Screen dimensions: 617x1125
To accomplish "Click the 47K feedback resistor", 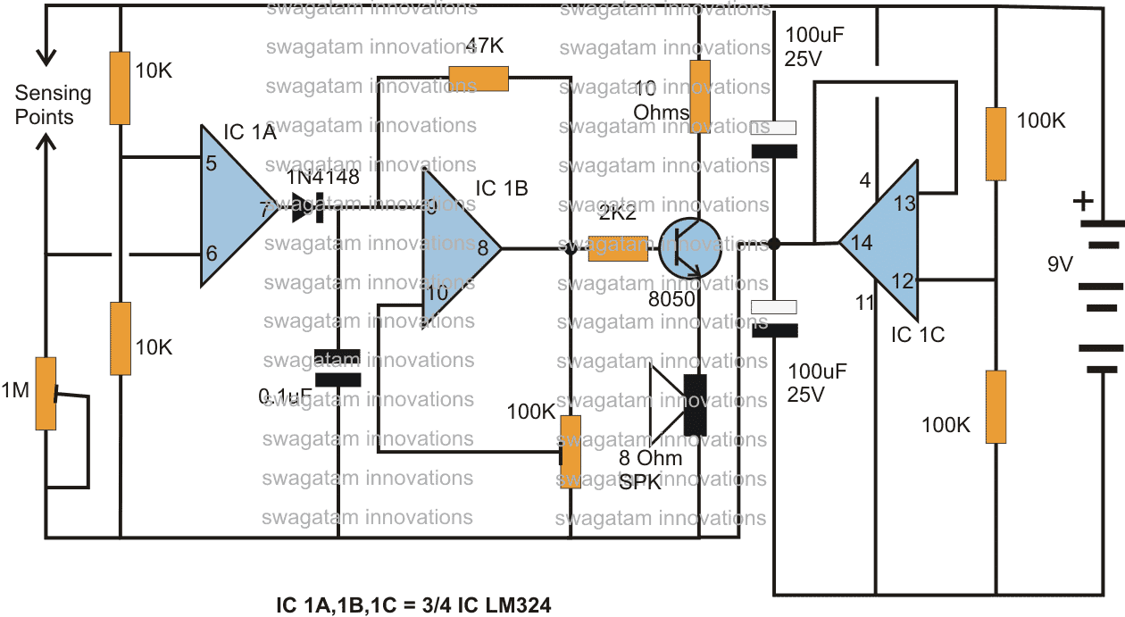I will click(x=479, y=79).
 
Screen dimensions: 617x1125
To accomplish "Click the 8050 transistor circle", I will click(x=690, y=249).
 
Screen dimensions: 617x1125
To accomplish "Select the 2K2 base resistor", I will click(x=618, y=248).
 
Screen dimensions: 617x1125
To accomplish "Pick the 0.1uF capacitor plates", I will click(x=337, y=367).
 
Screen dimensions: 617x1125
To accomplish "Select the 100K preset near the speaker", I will click(x=570, y=451).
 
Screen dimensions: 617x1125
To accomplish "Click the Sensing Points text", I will click(x=53, y=104).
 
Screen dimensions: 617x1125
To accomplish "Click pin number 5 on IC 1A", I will click(x=212, y=163).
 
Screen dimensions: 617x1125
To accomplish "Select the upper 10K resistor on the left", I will click(x=120, y=88).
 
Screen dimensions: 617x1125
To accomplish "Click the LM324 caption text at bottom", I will click(x=414, y=605).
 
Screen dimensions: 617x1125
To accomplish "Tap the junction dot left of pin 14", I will click(x=775, y=243).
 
